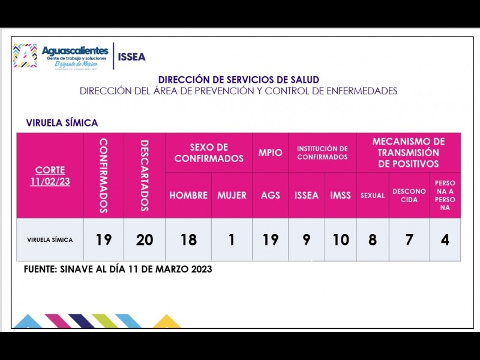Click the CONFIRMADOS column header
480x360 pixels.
[103, 175]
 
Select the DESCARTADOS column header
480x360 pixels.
[144, 175]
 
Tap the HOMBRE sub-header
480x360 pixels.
[188, 196]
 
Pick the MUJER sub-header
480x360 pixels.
[232, 196]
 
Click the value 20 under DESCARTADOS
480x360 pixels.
[144, 240]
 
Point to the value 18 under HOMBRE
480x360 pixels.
[188, 240]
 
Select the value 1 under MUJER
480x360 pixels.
[232, 240]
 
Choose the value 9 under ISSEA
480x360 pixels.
[306, 240]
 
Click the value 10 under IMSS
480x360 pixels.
[340, 240]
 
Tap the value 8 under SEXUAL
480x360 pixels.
[373, 240]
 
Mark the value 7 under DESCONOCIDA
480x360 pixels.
[409, 240]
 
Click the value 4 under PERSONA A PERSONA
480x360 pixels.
[445, 240]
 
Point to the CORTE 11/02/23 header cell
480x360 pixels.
[50, 175]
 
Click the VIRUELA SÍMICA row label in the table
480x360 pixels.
[50, 240]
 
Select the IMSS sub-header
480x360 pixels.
[340, 196]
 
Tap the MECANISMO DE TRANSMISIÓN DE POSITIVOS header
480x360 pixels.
[409, 152]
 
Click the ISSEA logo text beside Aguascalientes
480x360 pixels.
[131, 57]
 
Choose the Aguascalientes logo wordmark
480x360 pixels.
[74, 50]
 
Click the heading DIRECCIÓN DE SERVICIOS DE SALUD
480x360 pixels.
[238, 79]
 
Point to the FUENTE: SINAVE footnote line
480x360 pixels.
[118, 269]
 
